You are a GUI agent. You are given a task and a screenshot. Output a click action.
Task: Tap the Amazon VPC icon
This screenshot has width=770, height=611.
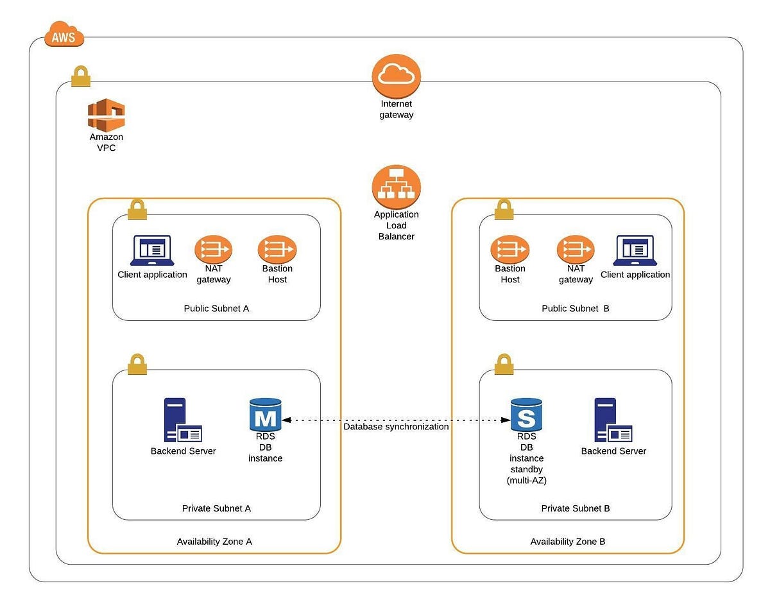106,116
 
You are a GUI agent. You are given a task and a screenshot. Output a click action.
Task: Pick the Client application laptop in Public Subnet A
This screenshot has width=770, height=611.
152,250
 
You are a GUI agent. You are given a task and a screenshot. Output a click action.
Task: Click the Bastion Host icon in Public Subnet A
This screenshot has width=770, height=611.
277,250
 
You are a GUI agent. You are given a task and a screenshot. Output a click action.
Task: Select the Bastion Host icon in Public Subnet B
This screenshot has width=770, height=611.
510,250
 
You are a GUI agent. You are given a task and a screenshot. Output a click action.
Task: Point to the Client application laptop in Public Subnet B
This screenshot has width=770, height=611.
635,250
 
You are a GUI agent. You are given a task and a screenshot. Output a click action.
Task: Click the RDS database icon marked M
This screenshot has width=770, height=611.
266,415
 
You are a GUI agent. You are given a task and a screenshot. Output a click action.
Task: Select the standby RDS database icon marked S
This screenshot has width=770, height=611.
526,415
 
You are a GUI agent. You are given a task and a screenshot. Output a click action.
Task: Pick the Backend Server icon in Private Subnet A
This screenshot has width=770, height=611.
182,421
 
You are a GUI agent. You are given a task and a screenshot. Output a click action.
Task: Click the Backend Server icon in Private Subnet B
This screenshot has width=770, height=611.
613,421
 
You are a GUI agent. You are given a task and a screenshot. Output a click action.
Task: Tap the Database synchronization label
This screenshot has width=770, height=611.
396,427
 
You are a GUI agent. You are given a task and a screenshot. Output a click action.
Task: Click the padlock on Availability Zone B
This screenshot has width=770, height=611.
504,209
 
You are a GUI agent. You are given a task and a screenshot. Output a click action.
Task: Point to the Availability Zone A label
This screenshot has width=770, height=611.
214,542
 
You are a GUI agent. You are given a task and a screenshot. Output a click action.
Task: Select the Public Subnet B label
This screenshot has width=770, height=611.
576,309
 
